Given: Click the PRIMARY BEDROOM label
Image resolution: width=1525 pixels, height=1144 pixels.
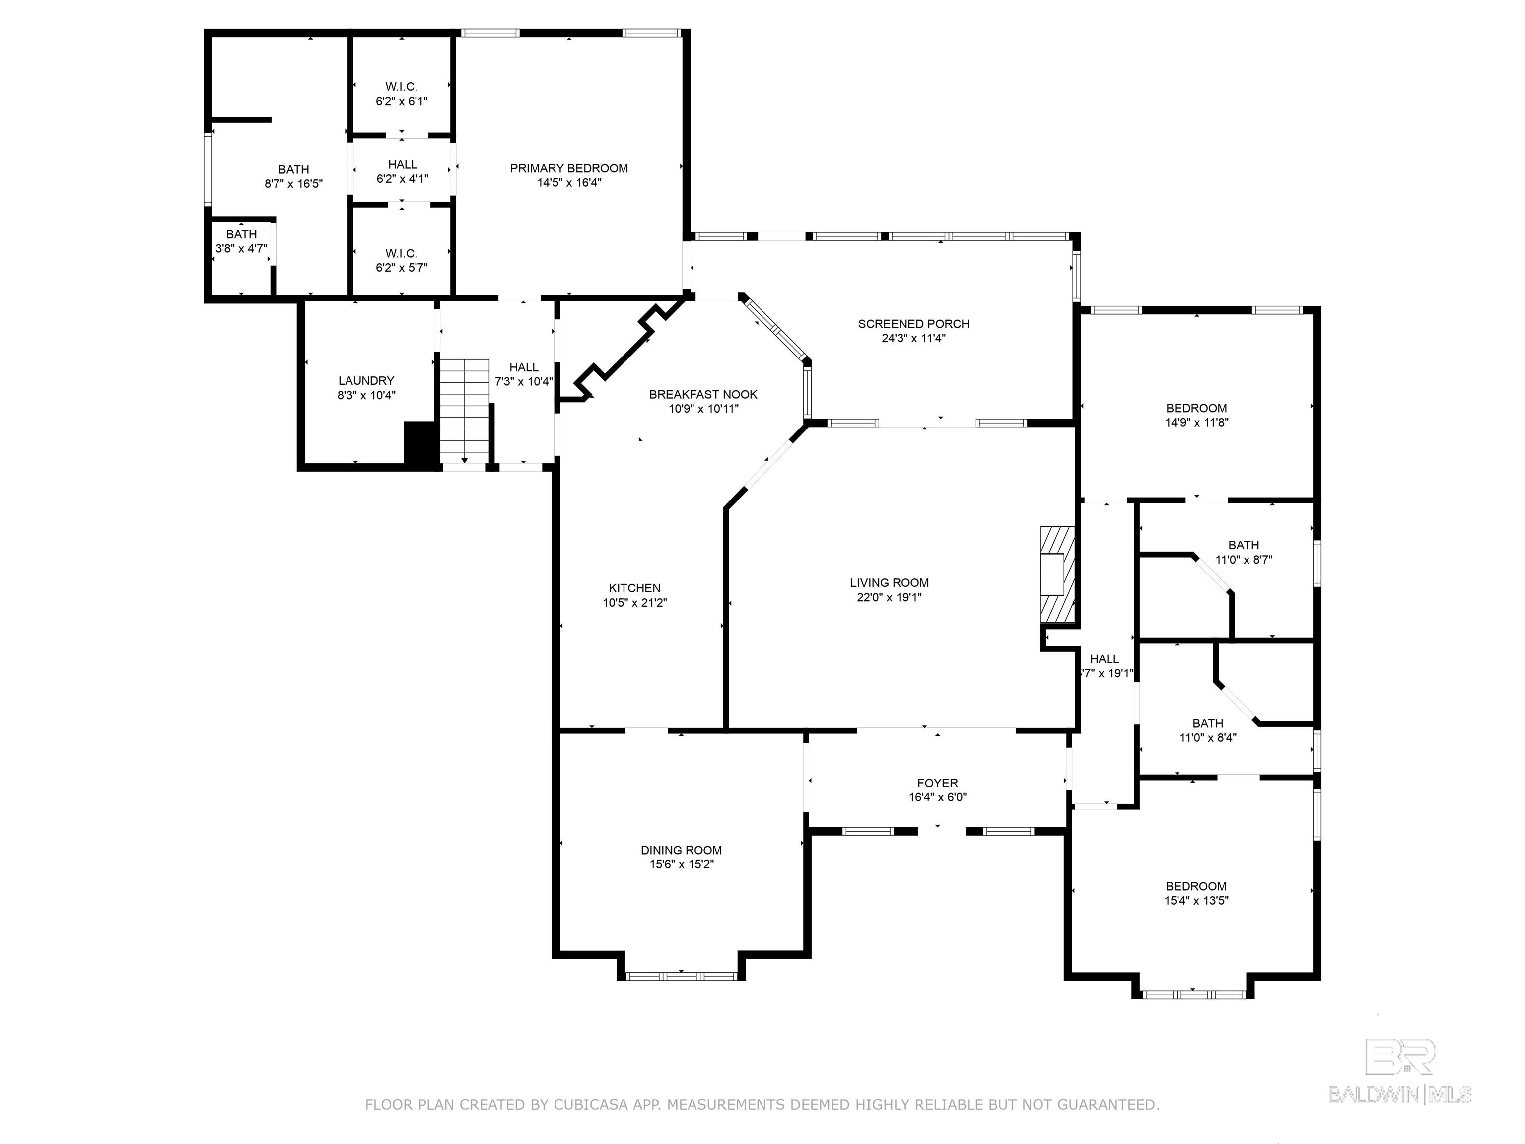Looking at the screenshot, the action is [x=569, y=168].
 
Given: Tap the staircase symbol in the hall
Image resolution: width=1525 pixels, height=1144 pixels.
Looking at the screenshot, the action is [x=465, y=411].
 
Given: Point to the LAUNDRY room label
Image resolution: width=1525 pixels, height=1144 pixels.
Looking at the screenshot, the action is [x=366, y=381].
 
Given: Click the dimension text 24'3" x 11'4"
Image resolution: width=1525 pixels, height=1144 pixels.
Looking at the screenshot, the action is [x=913, y=339].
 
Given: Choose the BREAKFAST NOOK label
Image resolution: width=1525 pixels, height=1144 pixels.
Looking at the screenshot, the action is [x=703, y=394].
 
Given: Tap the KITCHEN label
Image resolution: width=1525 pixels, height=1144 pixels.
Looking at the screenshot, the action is [x=634, y=588].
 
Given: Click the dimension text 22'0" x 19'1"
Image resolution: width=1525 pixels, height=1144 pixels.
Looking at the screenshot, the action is [x=890, y=598].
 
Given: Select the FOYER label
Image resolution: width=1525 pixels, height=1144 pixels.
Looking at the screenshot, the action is [x=938, y=784].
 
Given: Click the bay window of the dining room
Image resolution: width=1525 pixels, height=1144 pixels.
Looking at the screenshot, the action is [x=681, y=977].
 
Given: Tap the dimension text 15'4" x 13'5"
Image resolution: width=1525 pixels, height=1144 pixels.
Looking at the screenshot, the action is [x=1196, y=901].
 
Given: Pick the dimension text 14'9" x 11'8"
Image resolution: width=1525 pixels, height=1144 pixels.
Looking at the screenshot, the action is [x=1196, y=423].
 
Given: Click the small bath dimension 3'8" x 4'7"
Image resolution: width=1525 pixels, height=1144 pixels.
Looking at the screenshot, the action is [x=241, y=249].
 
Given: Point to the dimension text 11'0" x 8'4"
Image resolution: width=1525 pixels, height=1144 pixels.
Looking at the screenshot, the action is [x=1208, y=738].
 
